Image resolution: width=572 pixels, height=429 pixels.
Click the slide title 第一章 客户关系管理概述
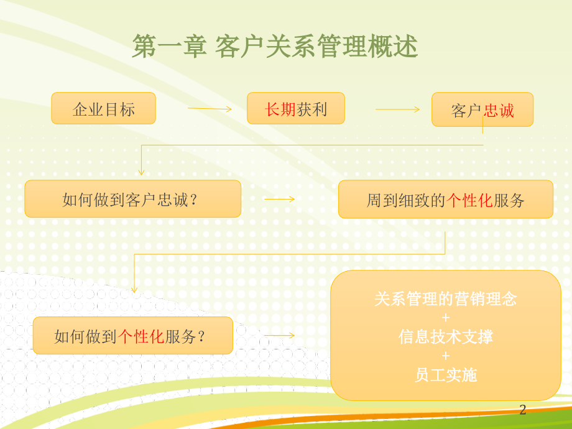(x=275, y=47)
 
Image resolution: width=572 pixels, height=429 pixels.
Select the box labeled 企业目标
(x=104, y=108)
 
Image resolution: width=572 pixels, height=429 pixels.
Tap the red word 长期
(x=280, y=109)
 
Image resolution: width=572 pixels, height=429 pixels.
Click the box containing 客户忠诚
(x=482, y=109)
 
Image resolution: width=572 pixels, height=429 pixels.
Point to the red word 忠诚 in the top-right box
(x=499, y=111)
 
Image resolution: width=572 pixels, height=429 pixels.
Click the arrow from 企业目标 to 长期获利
(x=210, y=109)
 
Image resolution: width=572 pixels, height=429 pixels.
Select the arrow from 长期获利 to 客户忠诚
(x=398, y=109)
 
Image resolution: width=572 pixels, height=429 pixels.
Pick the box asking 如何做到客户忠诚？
(x=133, y=199)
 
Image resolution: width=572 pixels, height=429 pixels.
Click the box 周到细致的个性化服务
(x=446, y=199)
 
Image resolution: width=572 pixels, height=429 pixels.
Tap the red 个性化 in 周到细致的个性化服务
(x=469, y=200)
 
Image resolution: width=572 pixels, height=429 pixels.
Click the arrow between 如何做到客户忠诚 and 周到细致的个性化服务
(x=279, y=199)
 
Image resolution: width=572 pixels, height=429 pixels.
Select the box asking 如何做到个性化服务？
(x=133, y=335)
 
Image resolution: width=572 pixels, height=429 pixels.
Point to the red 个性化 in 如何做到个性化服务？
(x=141, y=336)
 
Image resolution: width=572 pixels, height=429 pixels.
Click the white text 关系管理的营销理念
(x=445, y=299)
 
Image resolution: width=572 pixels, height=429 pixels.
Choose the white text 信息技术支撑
(x=445, y=337)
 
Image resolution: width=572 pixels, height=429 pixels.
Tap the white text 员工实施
(x=446, y=375)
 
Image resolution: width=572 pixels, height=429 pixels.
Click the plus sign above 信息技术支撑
(x=445, y=318)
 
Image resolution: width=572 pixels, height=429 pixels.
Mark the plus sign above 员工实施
(x=445, y=356)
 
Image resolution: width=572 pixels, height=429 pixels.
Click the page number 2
(x=523, y=410)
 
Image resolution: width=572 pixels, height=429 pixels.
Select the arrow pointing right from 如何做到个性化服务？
(x=279, y=335)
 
